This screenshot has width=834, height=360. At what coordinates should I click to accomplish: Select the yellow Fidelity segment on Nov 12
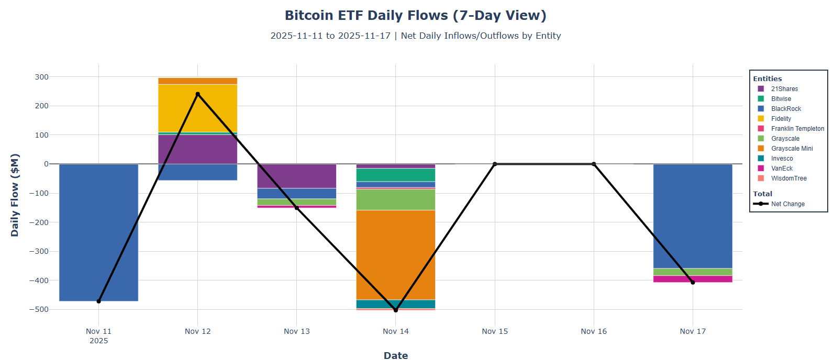point(197,108)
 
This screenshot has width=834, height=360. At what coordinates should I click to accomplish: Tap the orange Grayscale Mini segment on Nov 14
point(395,255)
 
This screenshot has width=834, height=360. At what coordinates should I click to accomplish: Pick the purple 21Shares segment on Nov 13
point(296,176)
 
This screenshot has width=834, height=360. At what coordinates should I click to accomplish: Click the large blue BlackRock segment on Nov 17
point(692,216)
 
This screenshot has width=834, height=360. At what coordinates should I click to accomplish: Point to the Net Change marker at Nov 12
point(197,94)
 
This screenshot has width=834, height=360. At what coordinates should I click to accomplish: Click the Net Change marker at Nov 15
point(494,164)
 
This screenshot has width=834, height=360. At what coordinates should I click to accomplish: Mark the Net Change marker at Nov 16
point(593,164)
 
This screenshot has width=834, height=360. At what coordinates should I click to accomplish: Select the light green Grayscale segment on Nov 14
point(395,199)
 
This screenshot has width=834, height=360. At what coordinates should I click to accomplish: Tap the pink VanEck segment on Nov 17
point(692,279)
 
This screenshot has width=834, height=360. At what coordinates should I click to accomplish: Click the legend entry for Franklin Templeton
point(797,129)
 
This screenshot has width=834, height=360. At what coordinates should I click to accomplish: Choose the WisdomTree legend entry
point(788,178)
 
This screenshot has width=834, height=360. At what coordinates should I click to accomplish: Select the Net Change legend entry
point(787,204)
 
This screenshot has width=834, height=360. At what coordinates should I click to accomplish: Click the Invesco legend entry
point(782,159)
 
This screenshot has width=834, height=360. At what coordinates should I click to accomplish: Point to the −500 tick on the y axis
point(38,309)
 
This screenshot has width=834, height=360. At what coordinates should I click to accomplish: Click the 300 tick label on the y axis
point(41,77)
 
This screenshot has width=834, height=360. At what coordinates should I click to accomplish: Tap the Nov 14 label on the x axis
point(395,331)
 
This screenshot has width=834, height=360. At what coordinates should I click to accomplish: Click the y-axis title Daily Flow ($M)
point(15,195)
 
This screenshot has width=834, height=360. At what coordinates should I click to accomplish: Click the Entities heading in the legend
point(767,78)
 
